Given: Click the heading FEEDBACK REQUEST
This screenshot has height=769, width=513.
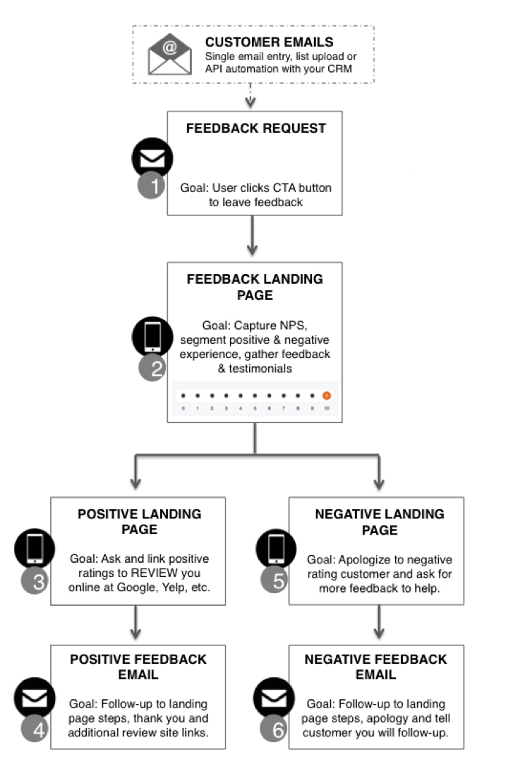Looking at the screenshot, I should (255, 129).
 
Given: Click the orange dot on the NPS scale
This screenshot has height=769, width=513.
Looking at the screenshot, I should (327, 396).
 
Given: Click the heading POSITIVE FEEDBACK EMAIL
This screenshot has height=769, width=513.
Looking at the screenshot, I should (138, 667).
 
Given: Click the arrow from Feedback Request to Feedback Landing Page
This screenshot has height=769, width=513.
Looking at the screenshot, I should (253, 237).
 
